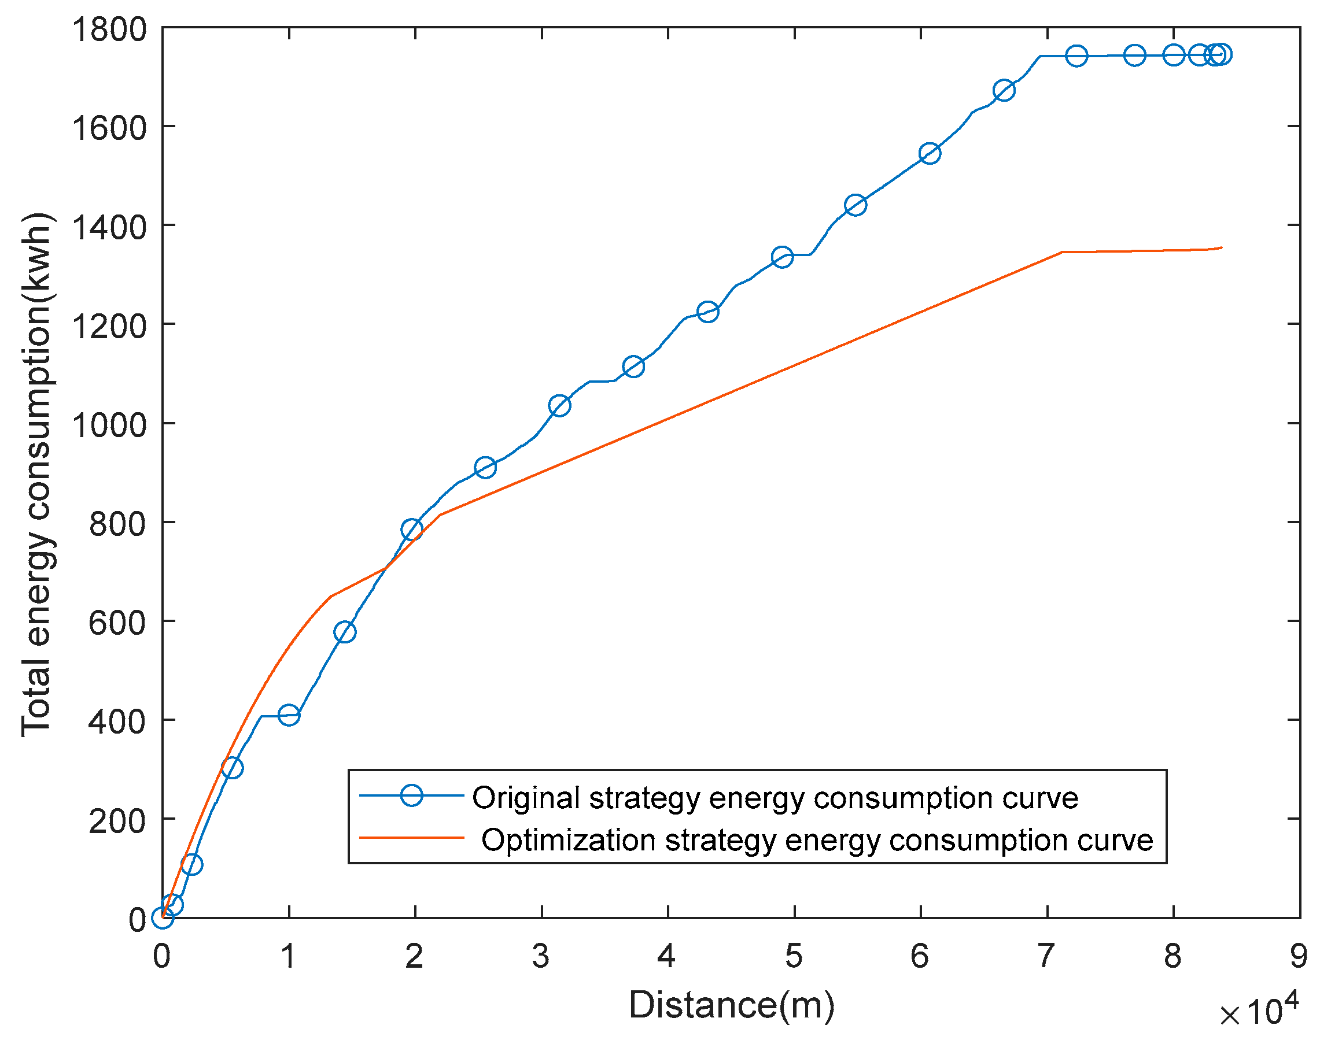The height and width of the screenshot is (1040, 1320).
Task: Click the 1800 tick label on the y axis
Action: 109,31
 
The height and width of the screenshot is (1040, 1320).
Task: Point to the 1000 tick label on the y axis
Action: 109,425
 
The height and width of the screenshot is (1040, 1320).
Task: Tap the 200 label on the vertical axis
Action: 117,821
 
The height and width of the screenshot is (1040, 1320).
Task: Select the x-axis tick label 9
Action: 1299,957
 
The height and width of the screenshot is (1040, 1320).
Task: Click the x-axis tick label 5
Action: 793,957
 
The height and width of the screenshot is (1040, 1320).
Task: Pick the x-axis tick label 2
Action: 414,957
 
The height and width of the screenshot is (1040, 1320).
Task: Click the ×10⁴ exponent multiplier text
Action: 1259,1011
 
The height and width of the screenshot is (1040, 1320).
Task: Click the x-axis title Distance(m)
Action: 731,1004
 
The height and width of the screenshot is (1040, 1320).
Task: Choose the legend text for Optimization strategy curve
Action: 816,841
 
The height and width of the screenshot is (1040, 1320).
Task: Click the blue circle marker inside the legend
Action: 412,795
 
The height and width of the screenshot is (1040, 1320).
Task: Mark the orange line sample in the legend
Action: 412,838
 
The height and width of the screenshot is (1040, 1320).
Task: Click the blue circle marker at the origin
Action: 163,917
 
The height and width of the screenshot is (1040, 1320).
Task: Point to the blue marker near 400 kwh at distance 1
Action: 289,715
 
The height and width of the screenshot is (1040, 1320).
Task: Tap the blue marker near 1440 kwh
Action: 856,206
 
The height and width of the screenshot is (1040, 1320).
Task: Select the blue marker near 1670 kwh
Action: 1004,91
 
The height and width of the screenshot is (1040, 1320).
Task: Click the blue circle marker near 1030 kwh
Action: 559,405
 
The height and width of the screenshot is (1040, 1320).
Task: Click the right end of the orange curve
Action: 1221,248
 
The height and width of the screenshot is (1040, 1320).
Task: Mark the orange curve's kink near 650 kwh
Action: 330,597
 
